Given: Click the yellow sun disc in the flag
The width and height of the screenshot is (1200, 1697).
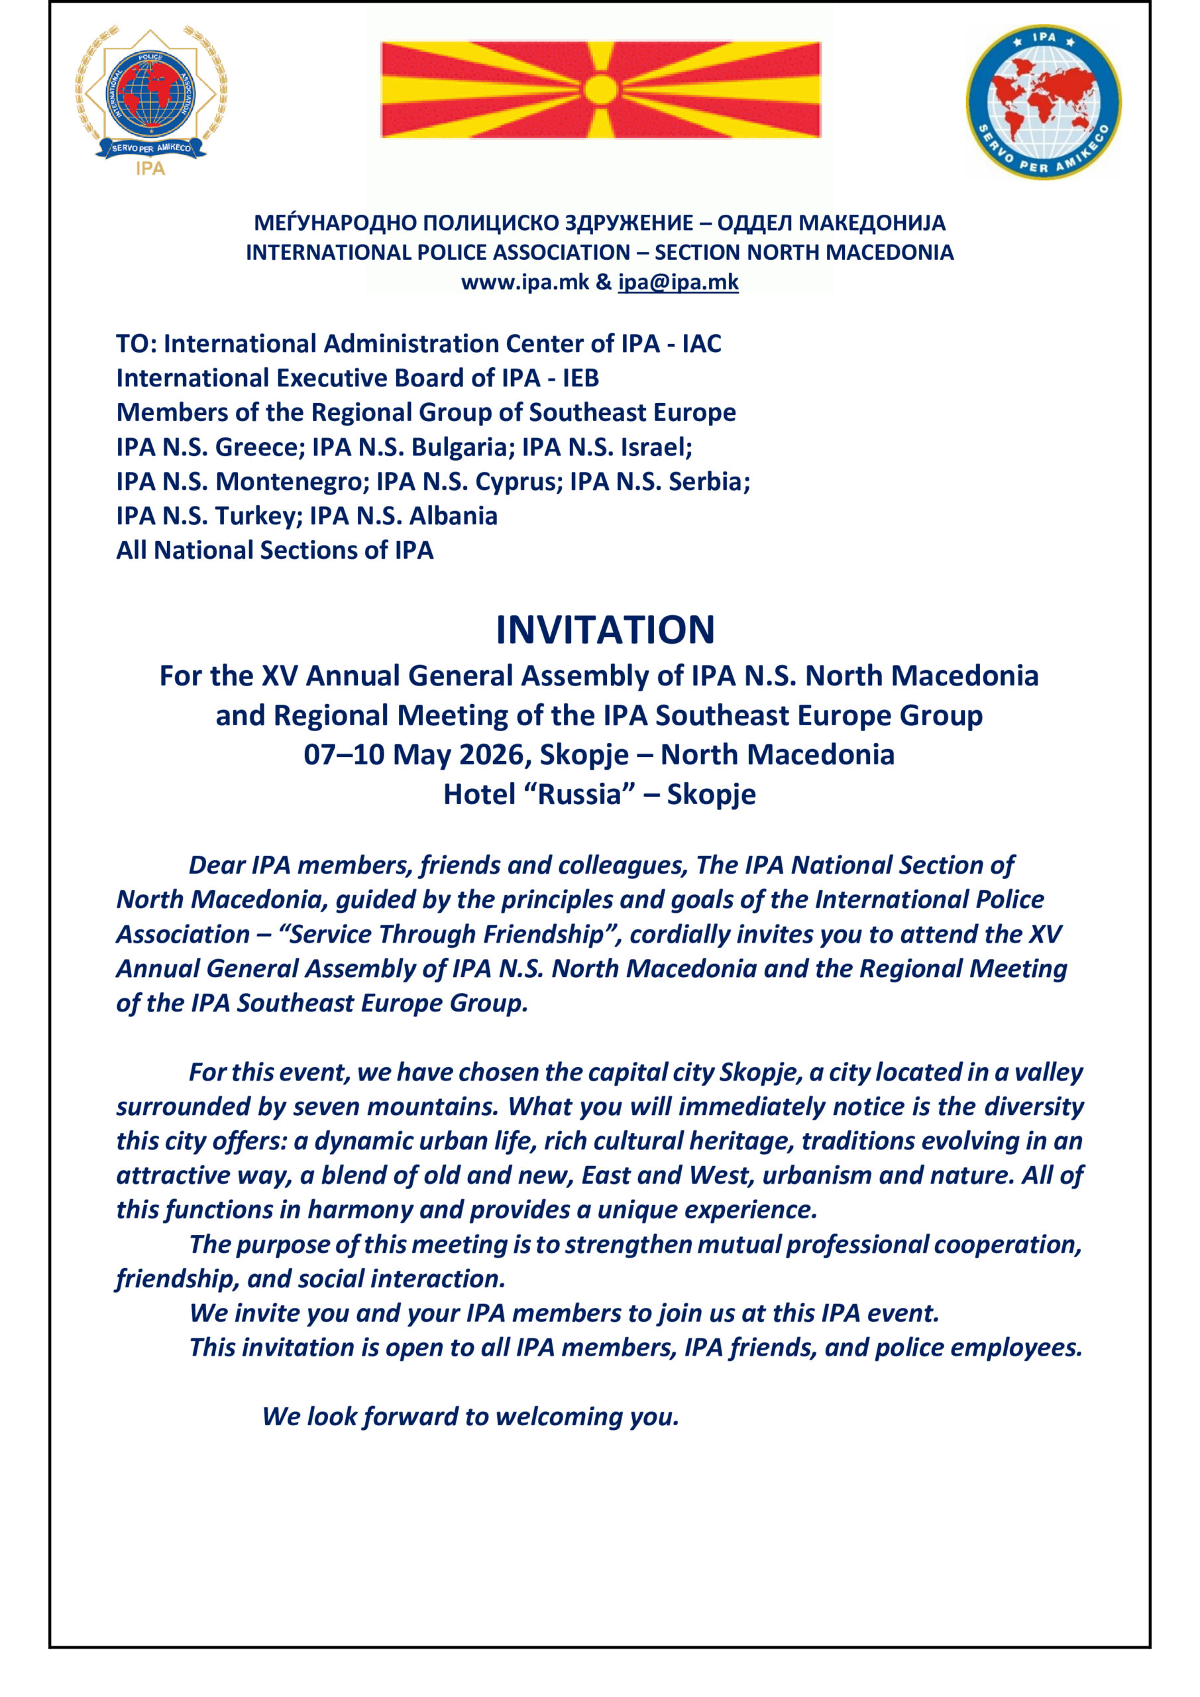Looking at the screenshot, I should click(x=601, y=89).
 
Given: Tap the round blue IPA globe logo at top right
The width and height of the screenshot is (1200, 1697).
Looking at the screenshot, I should click(x=1044, y=103).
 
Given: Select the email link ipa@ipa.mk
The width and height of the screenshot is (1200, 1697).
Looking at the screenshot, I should click(x=679, y=282).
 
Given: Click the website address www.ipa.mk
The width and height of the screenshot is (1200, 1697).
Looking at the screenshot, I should click(x=525, y=282).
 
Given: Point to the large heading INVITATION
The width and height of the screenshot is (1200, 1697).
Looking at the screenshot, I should click(x=605, y=630).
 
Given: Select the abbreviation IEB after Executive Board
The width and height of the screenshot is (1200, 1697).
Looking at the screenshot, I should click(x=580, y=379).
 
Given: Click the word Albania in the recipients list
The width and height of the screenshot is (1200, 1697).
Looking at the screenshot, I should click(x=453, y=516).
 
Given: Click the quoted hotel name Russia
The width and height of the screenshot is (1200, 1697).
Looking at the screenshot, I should click(x=579, y=795).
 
